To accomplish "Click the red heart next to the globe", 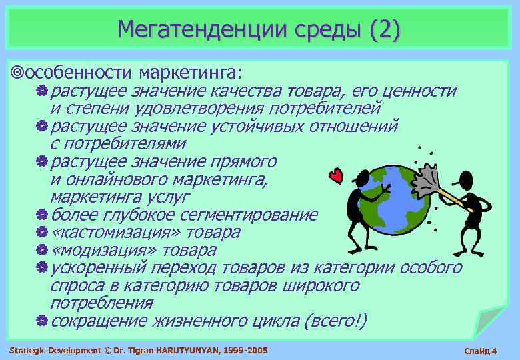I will click(x=337, y=175).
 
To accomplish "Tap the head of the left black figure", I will click(x=363, y=178).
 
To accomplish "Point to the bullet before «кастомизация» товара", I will click(x=41, y=233).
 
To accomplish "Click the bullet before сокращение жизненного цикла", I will click(x=41, y=321).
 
